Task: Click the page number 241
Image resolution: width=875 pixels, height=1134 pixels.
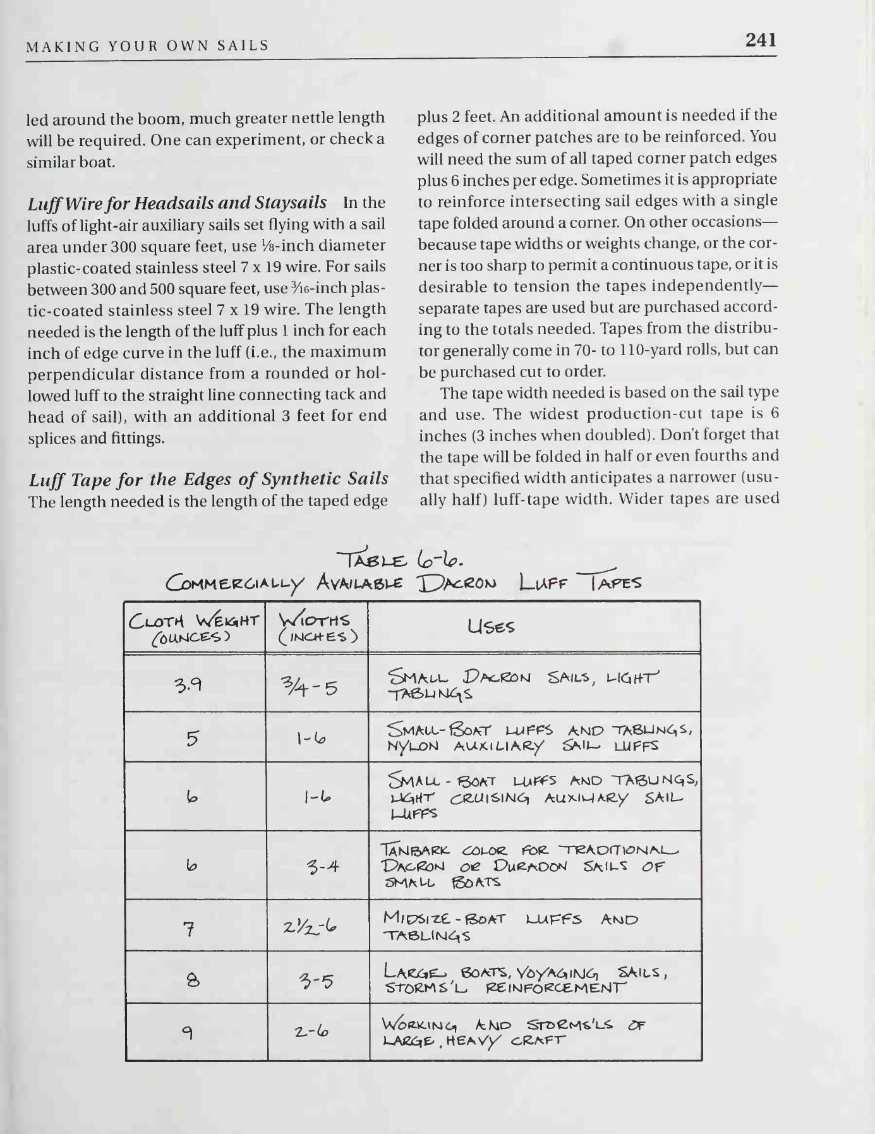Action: (760, 40)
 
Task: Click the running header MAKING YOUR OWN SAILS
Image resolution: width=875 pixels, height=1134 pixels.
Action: (148, 45)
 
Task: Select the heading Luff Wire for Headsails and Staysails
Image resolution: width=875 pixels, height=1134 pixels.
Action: (178, 203)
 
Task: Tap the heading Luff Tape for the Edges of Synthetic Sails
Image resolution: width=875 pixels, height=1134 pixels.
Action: (208, 480)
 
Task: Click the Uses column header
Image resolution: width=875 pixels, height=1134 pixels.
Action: (492, 627)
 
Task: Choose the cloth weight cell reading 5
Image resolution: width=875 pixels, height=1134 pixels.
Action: (193, 738)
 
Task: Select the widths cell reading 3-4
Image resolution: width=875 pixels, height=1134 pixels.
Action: (323, 866)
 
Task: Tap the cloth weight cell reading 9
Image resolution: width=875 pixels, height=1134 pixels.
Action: (188, 1034)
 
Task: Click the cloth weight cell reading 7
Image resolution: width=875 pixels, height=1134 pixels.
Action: (188, 929)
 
